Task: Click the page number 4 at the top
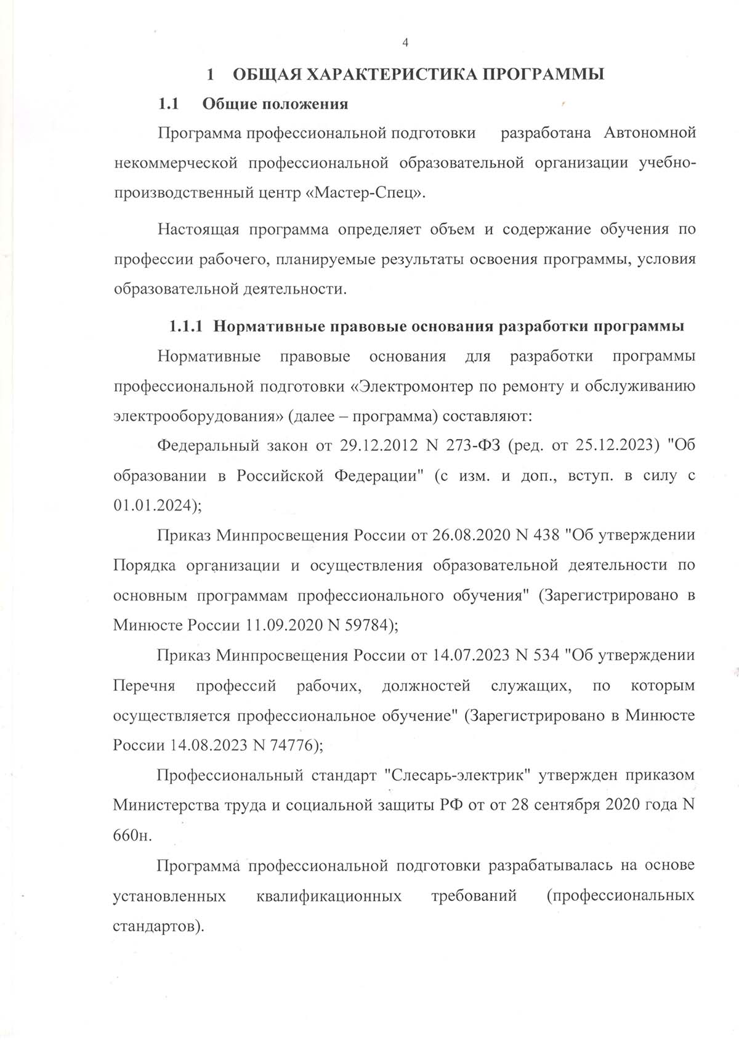point(405,42)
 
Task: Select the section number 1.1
point(168,103)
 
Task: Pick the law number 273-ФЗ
point(472,445)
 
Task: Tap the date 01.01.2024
point(153,505)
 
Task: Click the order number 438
point(545,535)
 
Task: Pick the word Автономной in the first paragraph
point(650,132)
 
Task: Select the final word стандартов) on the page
point(158,926)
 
